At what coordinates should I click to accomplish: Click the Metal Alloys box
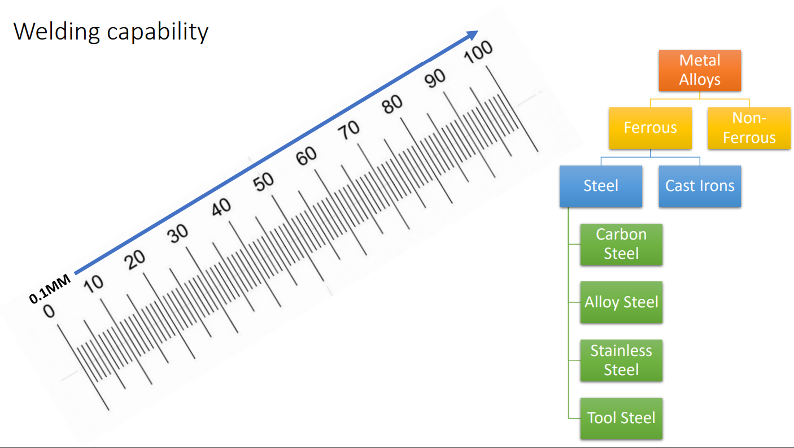click(x=700, y=70)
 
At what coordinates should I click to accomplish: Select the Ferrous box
click(x=651, y=128)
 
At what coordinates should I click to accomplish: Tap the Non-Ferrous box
click(x=749, y=128)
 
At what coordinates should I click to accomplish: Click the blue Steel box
click(x=601, y=186)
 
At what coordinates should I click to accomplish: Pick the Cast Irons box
click(x=700, y=186)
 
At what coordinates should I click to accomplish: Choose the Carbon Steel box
click(x=621, y=245)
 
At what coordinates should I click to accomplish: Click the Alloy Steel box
click(x=621, y=302)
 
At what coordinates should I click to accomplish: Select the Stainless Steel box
click(x=621, y=360)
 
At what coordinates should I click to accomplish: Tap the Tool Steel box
click(x=621, y=418)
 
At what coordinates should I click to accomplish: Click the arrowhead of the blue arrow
click(x=473, y=35)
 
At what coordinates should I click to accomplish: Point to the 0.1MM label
click(x=50, y=289)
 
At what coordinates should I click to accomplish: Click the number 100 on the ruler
click(x=478, y=52)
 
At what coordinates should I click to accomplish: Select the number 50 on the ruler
click(x=263, y=181)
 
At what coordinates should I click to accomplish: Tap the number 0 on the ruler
click(x=49, y=311)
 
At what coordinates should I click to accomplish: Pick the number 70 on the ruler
click(x=348, y=130)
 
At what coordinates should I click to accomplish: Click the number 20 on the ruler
click(x=135, y=260)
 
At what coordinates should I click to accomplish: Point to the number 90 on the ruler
click(x=435, y=79)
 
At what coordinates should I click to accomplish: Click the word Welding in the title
click(x=56, y=32)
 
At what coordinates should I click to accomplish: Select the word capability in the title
click(x=158, y=32)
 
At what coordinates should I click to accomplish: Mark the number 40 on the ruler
click(x=221, y=207)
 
